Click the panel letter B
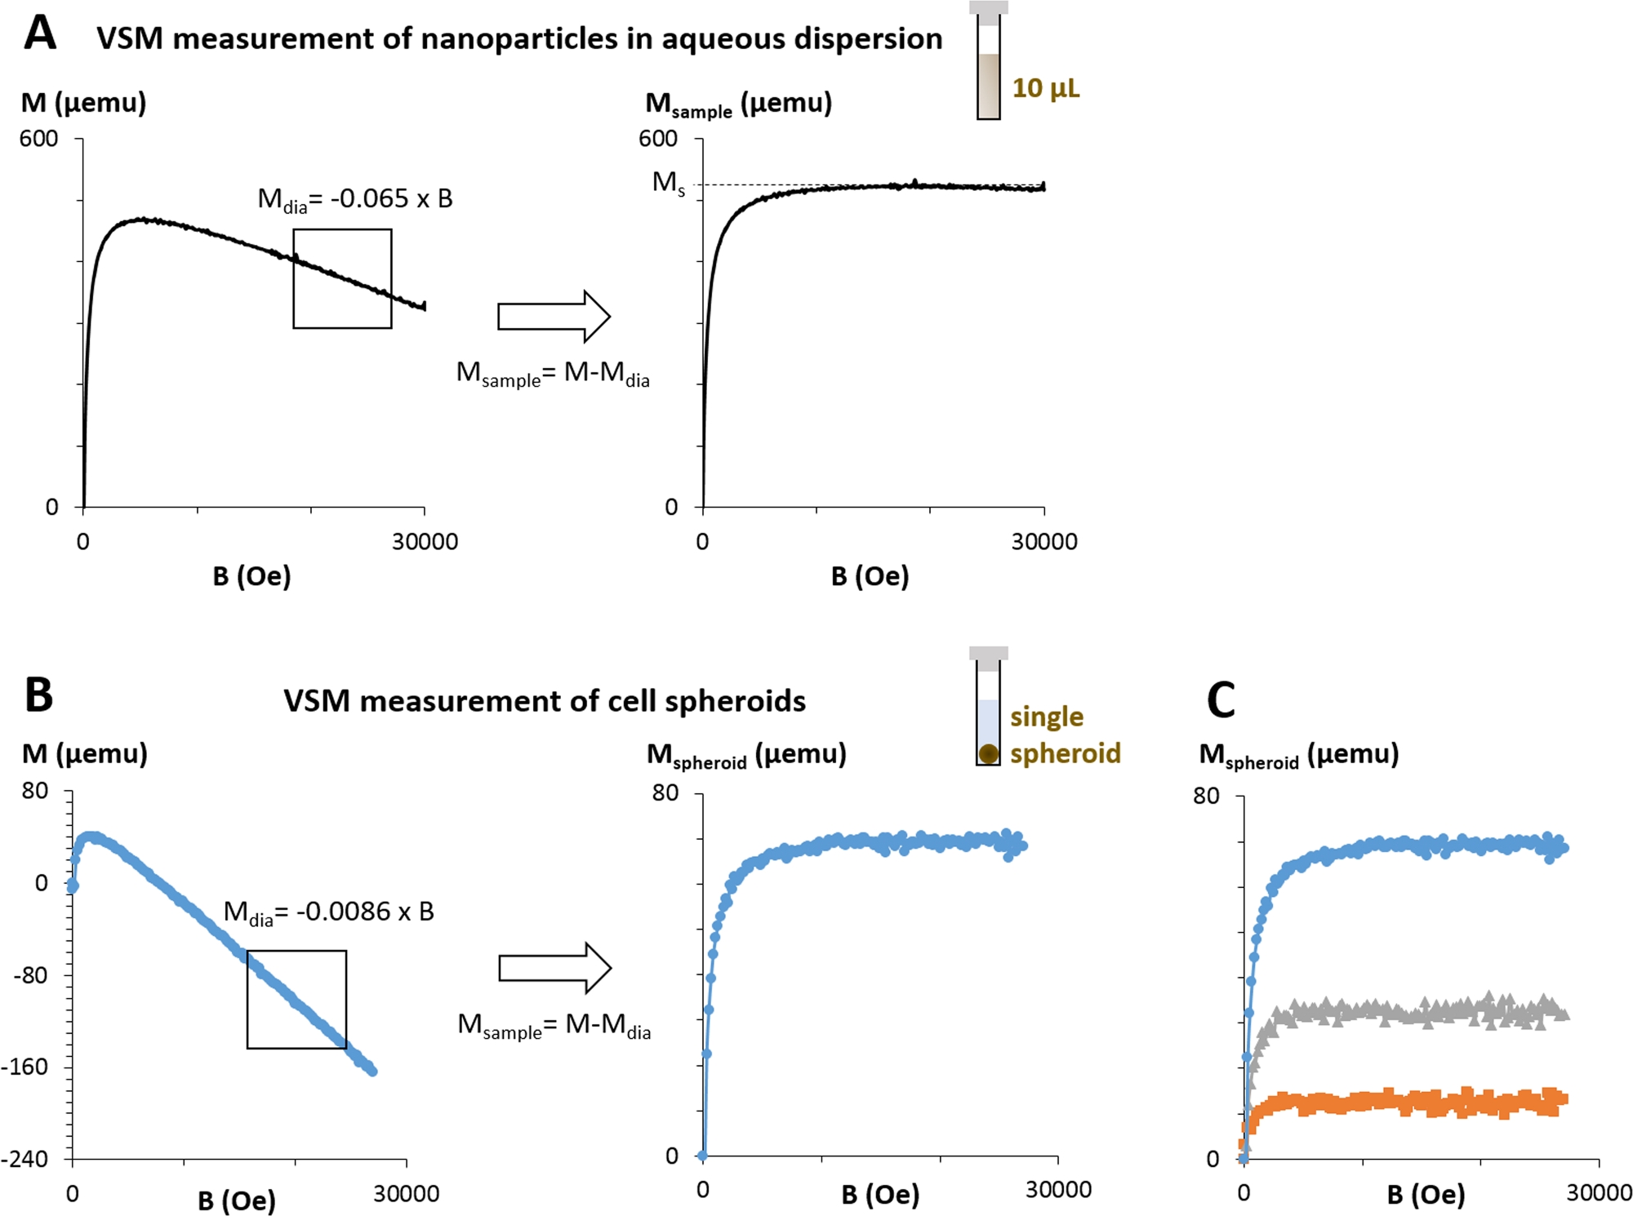39,695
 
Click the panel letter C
1221,700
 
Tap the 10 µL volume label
1045,88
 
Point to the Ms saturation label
668,183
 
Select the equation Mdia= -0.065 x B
355,199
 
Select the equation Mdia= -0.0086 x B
328,912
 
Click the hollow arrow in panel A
554,316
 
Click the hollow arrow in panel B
554,969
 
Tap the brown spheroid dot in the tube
988,753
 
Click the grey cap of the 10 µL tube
988,7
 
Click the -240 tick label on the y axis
24,1159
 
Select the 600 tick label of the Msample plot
658,139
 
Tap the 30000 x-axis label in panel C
1598,1192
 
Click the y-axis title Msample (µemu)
738,104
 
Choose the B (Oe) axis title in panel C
1426,1195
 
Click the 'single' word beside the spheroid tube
1047,717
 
